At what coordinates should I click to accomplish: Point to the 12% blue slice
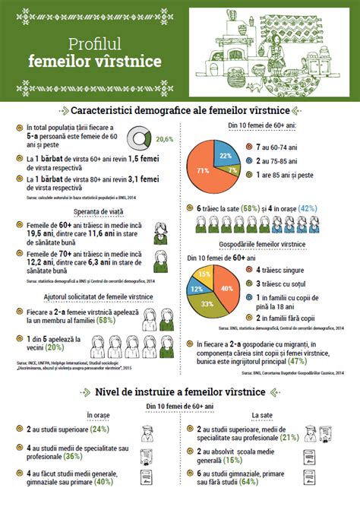[197, 290]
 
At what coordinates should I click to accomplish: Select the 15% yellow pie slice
[203, 274]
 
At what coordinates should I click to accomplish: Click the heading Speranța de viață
[95, 212]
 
